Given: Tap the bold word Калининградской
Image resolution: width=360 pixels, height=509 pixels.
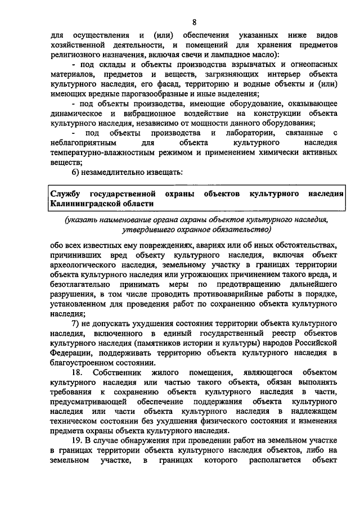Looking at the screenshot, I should pyautogui.click(x=85, y=204).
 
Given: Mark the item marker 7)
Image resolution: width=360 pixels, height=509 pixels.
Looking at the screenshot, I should pyautogui.click(x=79, y=326).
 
